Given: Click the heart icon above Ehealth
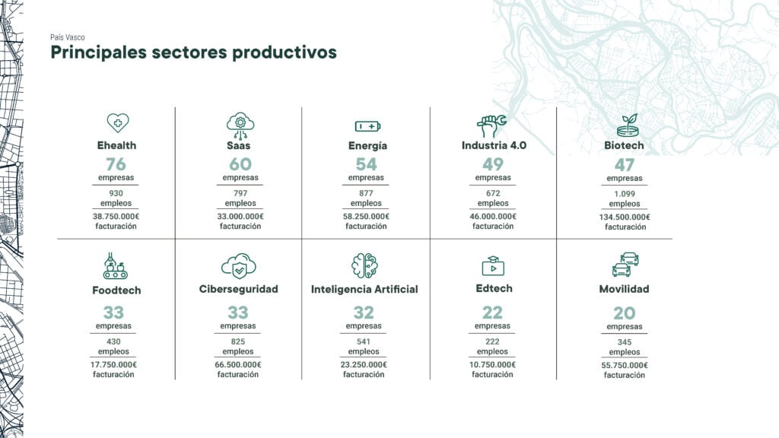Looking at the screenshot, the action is (118, 122).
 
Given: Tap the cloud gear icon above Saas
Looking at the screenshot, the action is (240, 125).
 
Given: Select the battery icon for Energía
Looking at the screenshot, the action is (367, 127).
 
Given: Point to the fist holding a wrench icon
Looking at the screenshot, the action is (492, 126).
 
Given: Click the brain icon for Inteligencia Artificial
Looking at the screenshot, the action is (364, 265).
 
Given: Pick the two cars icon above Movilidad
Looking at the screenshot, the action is (625, 264).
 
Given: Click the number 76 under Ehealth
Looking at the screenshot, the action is (116, 164).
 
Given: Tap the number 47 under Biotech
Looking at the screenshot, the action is (625, 164).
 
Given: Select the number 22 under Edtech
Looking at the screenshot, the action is (492, 313).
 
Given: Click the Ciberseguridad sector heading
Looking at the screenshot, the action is (238, 289).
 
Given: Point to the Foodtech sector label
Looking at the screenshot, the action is (116, 290).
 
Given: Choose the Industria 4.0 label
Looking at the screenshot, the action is (494, 145).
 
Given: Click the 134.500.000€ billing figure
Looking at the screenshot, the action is (625, 217).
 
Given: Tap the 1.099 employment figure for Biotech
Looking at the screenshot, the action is (625, 194).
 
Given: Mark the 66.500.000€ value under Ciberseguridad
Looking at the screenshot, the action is (238, 364).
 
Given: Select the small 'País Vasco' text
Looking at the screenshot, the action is (68, 37).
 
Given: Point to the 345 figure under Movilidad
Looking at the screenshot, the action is (625, 342).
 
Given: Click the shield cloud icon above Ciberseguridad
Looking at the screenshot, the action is (238, 266).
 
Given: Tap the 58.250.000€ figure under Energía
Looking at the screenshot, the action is (366, 217).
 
